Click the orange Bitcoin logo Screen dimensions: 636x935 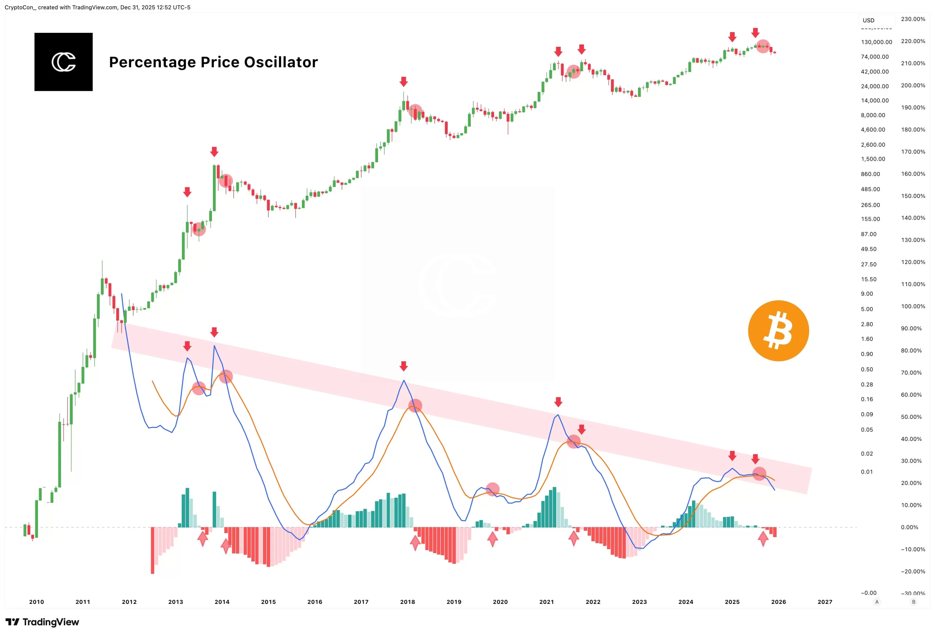click(778, 331)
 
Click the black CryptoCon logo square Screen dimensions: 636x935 click(64, 62)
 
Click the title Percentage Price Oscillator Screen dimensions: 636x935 click(213, 62)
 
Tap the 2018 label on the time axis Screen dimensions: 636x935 click(407, 602)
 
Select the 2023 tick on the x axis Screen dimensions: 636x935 click(639, 602)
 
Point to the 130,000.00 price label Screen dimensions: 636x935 click(876, 42)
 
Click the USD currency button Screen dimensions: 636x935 click(869, 20)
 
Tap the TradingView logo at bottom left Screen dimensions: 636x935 click(42, 622)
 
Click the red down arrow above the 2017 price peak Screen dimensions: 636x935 click(404, 82)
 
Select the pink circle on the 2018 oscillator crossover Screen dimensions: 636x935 click(415, 406)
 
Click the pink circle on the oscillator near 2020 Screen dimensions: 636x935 click(492, 489)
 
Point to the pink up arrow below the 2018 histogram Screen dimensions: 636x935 click(415, 543)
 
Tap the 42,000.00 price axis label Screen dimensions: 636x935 click(875, 72)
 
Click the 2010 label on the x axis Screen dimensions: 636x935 click(37, 602)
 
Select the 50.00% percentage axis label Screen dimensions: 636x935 click(911, 417)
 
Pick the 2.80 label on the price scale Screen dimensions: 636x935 click(867, 324)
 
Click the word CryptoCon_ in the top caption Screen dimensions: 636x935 click(20, 7)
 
